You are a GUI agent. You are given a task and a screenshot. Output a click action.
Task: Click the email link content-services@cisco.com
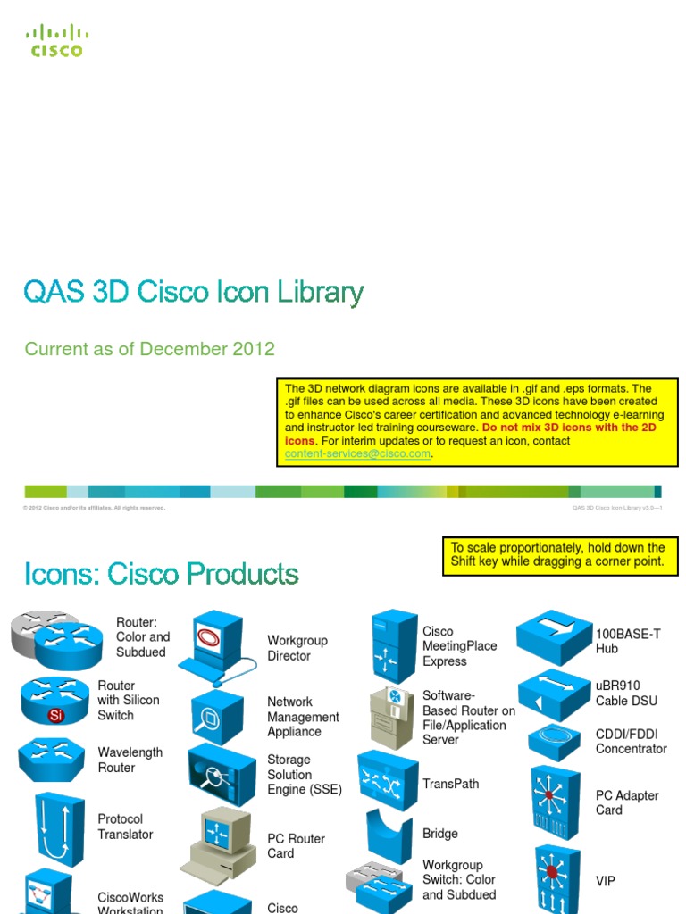coord(357,454)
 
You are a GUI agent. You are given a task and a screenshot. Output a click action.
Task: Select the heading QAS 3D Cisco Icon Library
coord(194,293)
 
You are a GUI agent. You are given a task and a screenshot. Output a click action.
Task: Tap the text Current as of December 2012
coord(150,349)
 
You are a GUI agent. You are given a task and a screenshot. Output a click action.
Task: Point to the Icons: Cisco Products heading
coord(162,573)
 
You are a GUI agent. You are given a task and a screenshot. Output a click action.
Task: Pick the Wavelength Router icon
coord(52,759)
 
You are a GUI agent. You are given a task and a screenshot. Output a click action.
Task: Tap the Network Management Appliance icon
coord(215,716)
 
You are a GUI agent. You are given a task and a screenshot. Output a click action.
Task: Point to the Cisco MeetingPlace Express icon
coord(394,646)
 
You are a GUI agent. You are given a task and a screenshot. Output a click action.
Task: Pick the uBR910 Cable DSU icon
coord(554,694)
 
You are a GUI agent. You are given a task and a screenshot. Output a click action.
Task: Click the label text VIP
coord(606,881)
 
